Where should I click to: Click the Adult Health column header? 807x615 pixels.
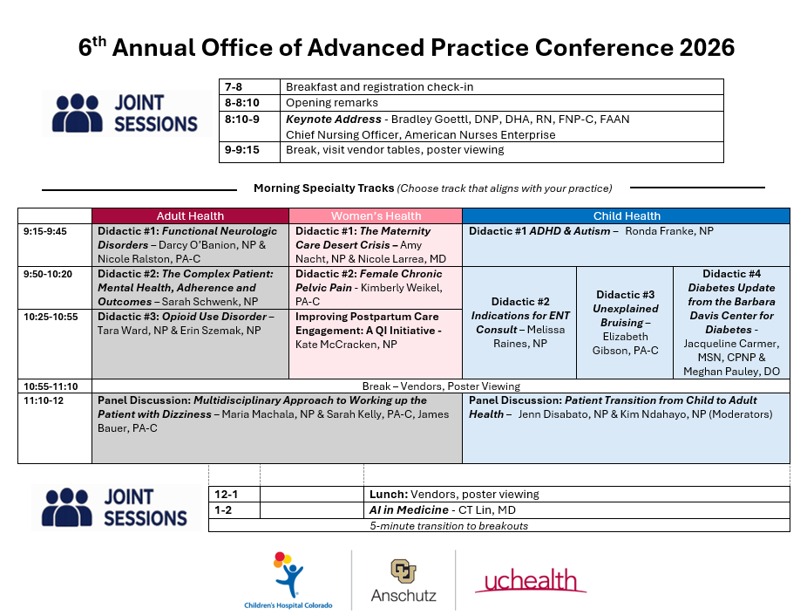[191, 215]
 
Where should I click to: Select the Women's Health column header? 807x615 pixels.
[376, 215]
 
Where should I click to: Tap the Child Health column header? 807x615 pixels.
[627, 215]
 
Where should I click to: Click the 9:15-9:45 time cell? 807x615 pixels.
[55, 244]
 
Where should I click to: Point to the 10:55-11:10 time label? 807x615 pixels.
[51, 386]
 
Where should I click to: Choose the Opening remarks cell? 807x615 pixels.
[502, 103]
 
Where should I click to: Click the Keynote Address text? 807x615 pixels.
[334, 119]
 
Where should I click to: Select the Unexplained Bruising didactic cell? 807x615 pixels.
[625, 323]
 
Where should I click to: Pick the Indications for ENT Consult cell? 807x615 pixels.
[519, 323]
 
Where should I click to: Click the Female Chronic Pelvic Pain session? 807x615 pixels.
[376, 287]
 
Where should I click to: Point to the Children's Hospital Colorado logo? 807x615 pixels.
[288, 580]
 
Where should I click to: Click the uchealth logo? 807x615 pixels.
[530, 580]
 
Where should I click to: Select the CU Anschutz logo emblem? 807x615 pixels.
[403, 571]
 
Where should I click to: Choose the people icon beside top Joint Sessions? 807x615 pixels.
[78, 113]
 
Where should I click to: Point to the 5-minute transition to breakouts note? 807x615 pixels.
[449, 526]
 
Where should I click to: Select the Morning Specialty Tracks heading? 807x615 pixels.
[323, 188]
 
